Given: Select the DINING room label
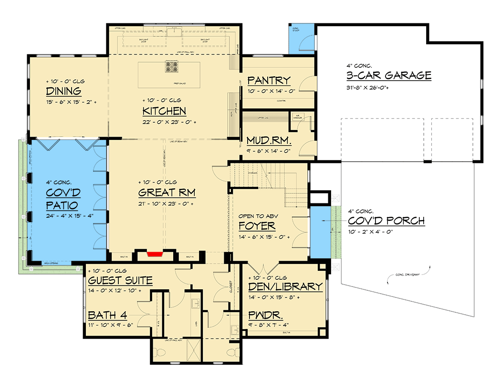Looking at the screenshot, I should click(63, 91).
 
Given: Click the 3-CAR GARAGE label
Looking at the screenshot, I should click(389, 75).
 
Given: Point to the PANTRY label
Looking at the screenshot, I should click(269, 80).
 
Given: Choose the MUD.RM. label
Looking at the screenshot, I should click(268, 140).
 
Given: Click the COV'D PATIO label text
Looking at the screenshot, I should click(63, 200).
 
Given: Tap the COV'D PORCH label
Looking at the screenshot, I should click(386, 221).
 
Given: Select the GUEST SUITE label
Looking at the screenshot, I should click(120, 280).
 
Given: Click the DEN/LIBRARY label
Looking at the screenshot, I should click(285, 286).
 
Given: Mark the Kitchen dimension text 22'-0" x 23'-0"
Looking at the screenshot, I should click(169, 122).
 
